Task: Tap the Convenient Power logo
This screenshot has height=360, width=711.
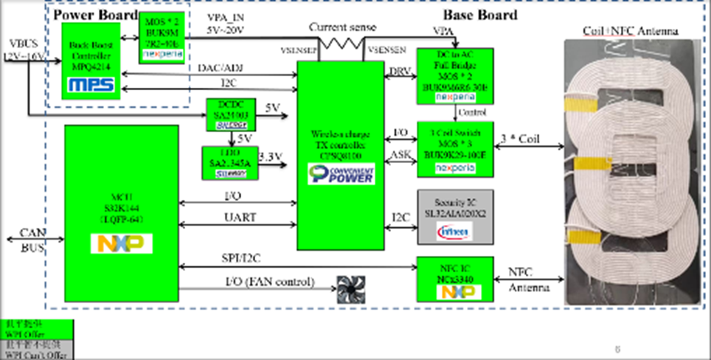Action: pyautogui.click(x=341, y=175)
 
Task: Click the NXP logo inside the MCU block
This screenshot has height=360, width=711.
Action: pyautogui.click(x=121, y=244)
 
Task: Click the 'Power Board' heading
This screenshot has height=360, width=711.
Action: pyautogui.click(x=96, y=15)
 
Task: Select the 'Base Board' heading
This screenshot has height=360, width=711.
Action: pyautogui.click(x=480, y=15)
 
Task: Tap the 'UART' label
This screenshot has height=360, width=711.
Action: pyautogui.click(x=239, y=217)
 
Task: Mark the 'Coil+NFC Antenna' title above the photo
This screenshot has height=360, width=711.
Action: pyautogui.click(x=631, y=30)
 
